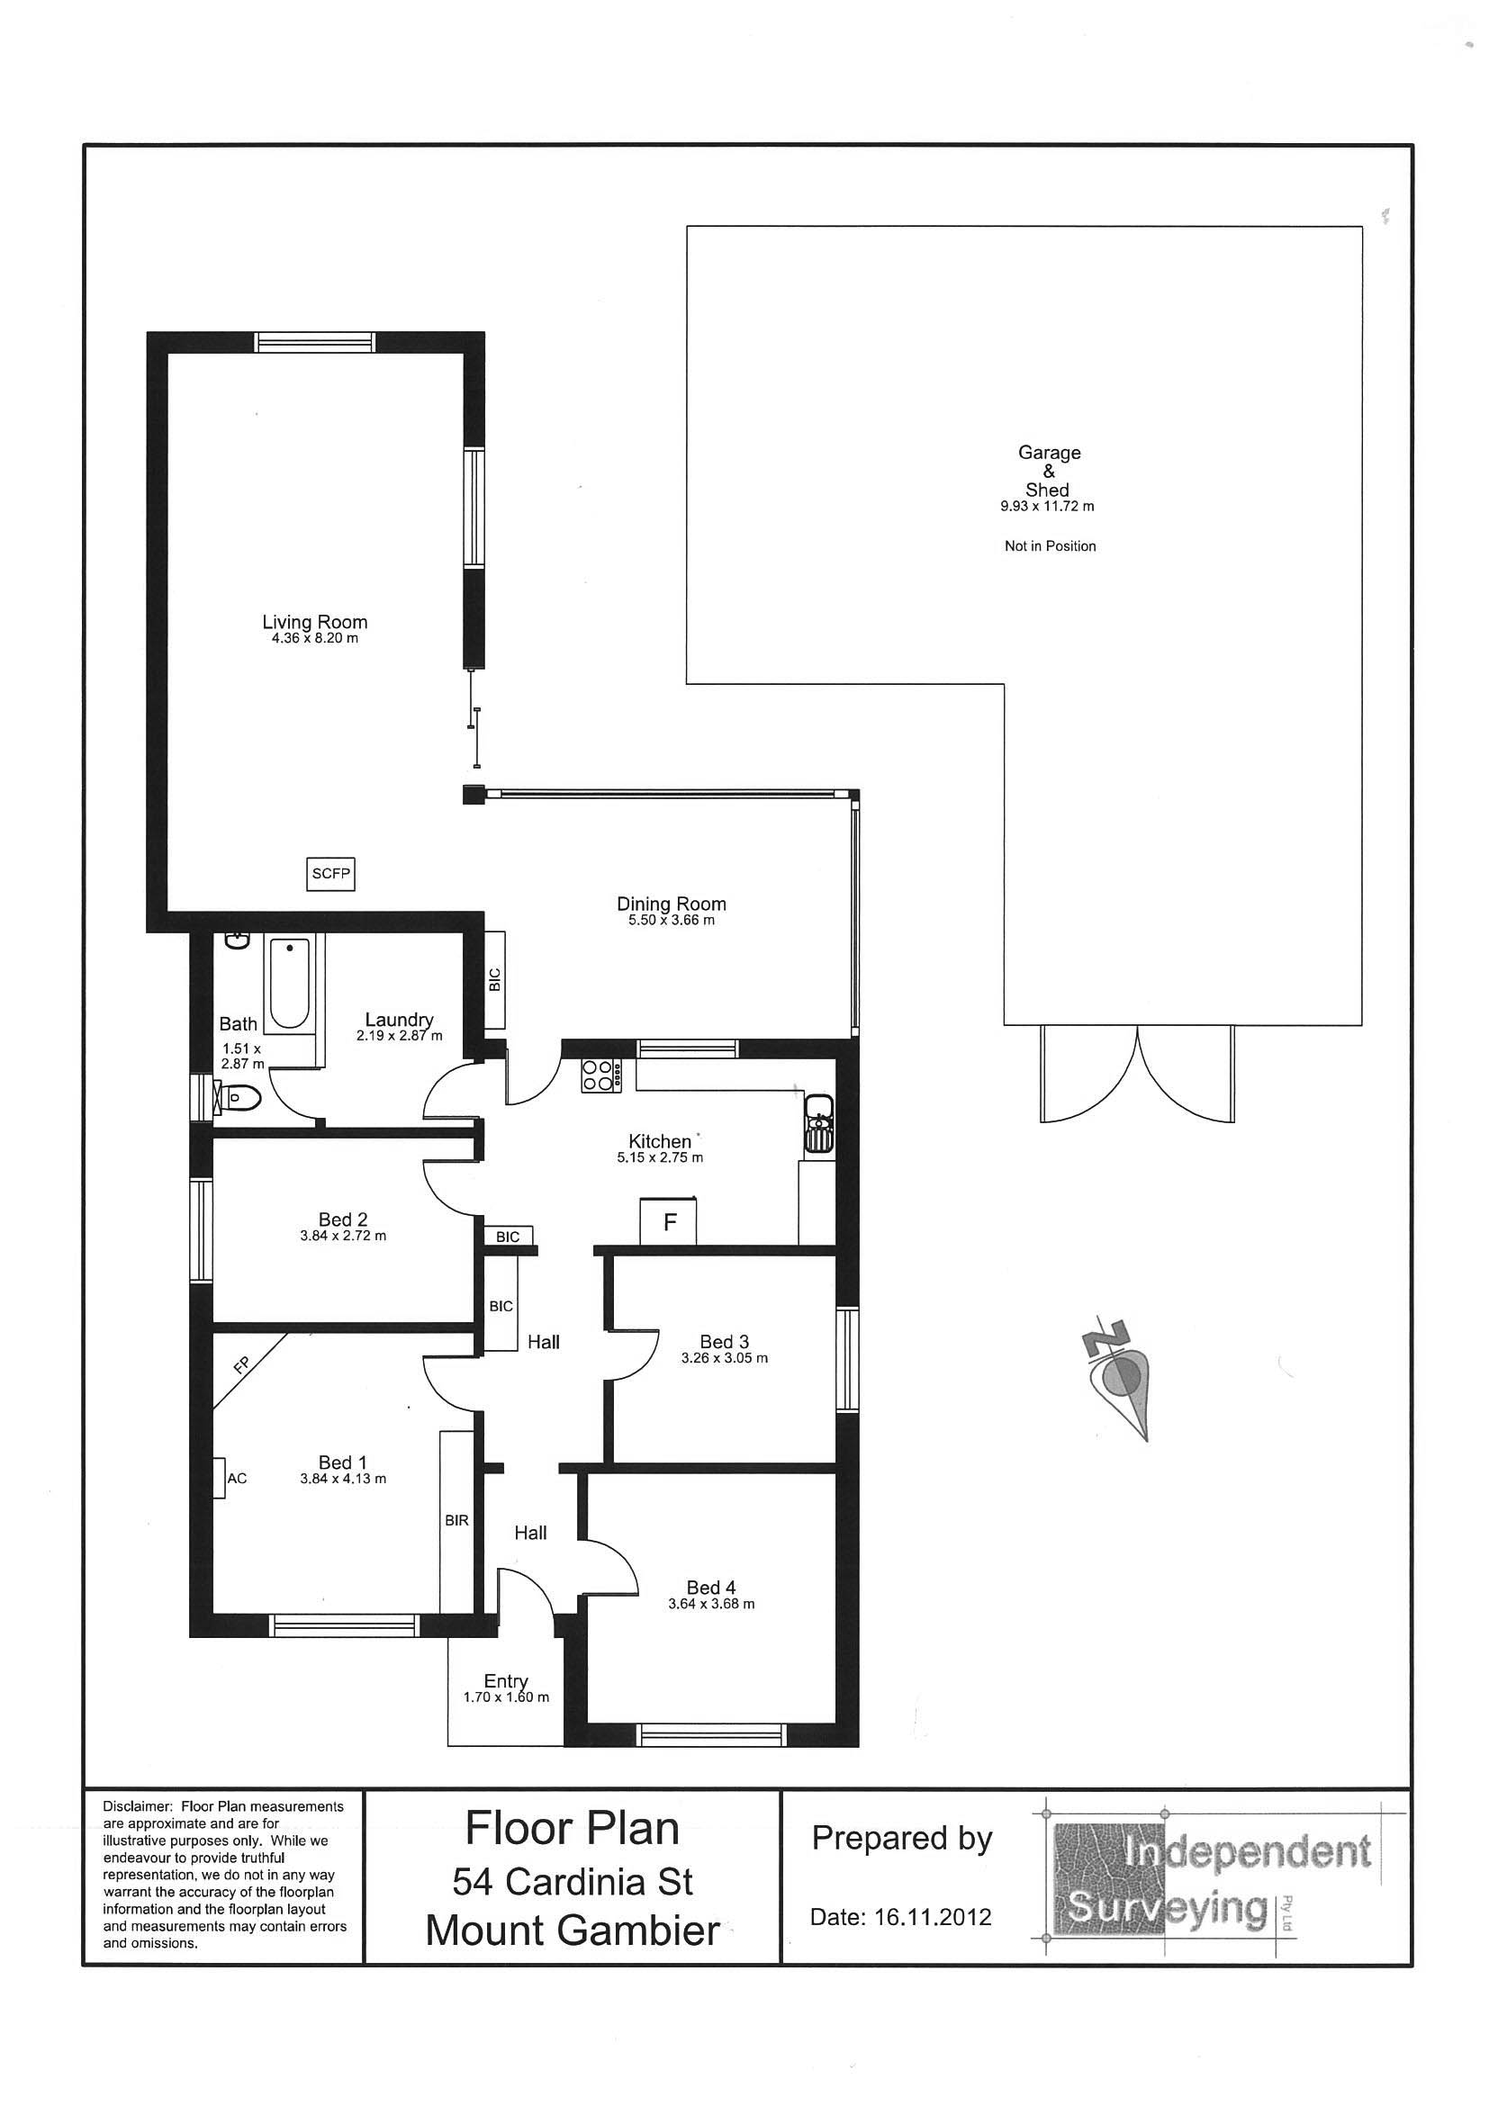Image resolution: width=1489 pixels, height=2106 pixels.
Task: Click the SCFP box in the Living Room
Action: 330,873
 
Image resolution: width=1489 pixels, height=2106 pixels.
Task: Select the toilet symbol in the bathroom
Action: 237,1095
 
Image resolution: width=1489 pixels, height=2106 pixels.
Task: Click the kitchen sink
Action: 818,1122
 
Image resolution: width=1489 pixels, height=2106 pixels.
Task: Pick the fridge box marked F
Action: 669,1221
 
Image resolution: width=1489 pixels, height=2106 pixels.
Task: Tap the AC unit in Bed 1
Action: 221,1478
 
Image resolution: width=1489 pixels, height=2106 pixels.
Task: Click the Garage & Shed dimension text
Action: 1047,506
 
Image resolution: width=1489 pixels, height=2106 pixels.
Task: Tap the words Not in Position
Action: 1051,545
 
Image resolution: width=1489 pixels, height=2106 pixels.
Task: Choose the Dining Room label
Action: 672,904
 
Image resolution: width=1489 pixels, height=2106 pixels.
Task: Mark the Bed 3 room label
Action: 725,1342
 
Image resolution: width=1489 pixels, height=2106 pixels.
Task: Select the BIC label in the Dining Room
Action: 495,979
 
